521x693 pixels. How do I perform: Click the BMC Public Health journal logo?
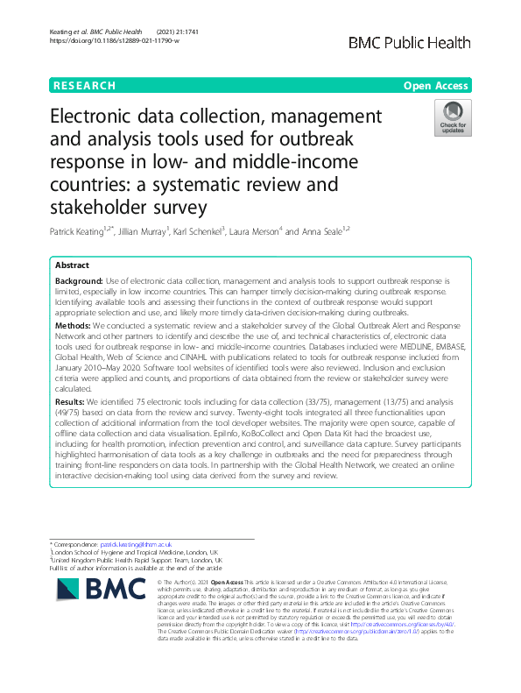coord(410,43)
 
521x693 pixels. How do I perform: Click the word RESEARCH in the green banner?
coord(85,86)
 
